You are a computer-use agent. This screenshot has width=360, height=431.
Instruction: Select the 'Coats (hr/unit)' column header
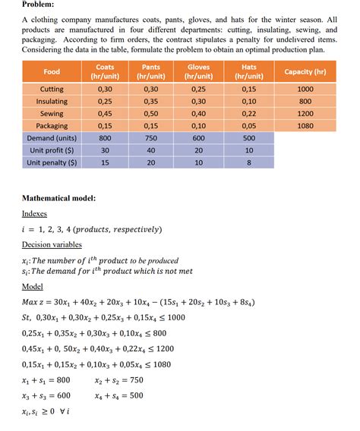click(x=105, y=72)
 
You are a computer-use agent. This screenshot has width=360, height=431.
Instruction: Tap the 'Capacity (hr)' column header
click(x=305, y=72)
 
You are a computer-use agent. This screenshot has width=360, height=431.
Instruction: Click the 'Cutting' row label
click(x=52, y=90)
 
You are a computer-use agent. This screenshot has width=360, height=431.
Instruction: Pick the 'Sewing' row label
click(x=52, y=114)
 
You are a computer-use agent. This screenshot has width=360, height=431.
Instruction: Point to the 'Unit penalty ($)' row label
click(x=52, y=162)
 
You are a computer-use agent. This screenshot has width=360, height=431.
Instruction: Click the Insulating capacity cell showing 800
click(x=305, y=102)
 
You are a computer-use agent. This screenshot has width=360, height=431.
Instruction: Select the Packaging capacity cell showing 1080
click(x=305, y=126)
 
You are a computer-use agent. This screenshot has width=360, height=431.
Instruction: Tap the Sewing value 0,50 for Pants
click(x=151, y=114)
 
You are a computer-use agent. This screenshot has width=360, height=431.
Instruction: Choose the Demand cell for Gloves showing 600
click(x=198, y=138)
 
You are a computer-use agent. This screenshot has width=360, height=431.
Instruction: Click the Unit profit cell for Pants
click(x=151, y=150)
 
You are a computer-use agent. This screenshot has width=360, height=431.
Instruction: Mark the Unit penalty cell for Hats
click(x=248, y=162)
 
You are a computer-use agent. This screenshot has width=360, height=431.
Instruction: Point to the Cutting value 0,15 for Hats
click(x=248, y=90)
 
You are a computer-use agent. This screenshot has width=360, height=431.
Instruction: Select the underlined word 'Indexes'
click(x=34, y=214)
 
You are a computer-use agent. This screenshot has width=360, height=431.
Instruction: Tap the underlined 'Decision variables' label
click(x=52, y=244)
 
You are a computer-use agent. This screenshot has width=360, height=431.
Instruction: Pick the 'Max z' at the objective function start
click(x=36, y=301)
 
